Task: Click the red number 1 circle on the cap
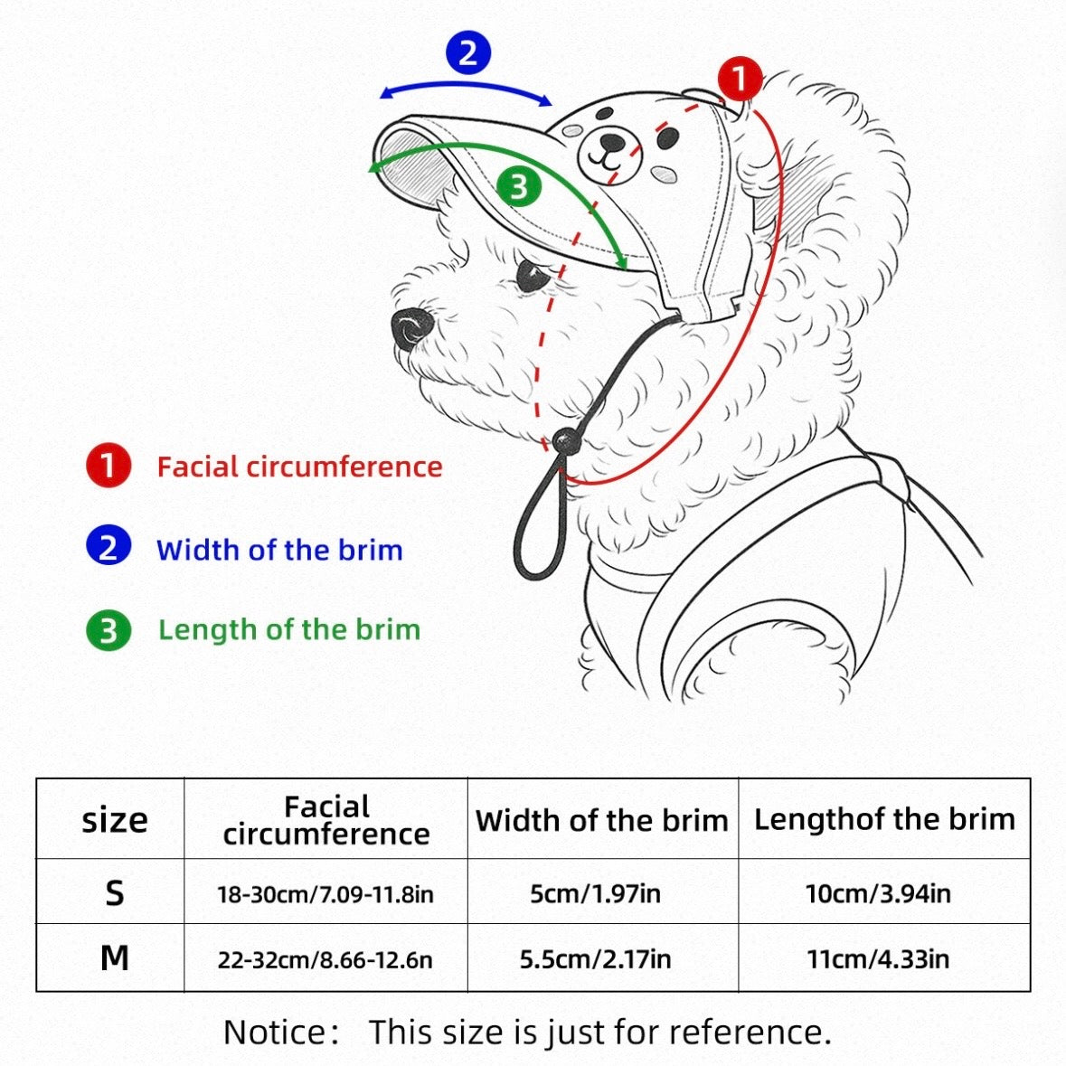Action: (x=740, y=78)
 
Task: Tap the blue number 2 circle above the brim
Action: (x=467, y=53)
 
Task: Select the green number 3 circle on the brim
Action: (x=519, y=186)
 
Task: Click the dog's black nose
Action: (x=412, y=327)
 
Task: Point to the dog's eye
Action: (x=532, y=276)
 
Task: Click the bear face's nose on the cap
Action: (x=611, y=141)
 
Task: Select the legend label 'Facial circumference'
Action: (x=300, y=467)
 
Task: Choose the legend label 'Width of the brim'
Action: (x=279, y=550)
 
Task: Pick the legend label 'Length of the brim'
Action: (x=289, y=629)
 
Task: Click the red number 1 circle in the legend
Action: (x=108, y=466)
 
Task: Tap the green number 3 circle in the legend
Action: (x=108, y=630)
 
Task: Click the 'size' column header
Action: (x=114, y=820)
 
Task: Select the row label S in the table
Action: (x=115, y=892)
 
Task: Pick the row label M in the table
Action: (x=114, y=958)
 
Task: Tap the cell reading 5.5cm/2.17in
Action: (x=596, y=959)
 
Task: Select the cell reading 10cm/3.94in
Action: (x=878, y=893)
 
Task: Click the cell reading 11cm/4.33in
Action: (x=878, y=959)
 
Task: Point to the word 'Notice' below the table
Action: (x=276, y=1032)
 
